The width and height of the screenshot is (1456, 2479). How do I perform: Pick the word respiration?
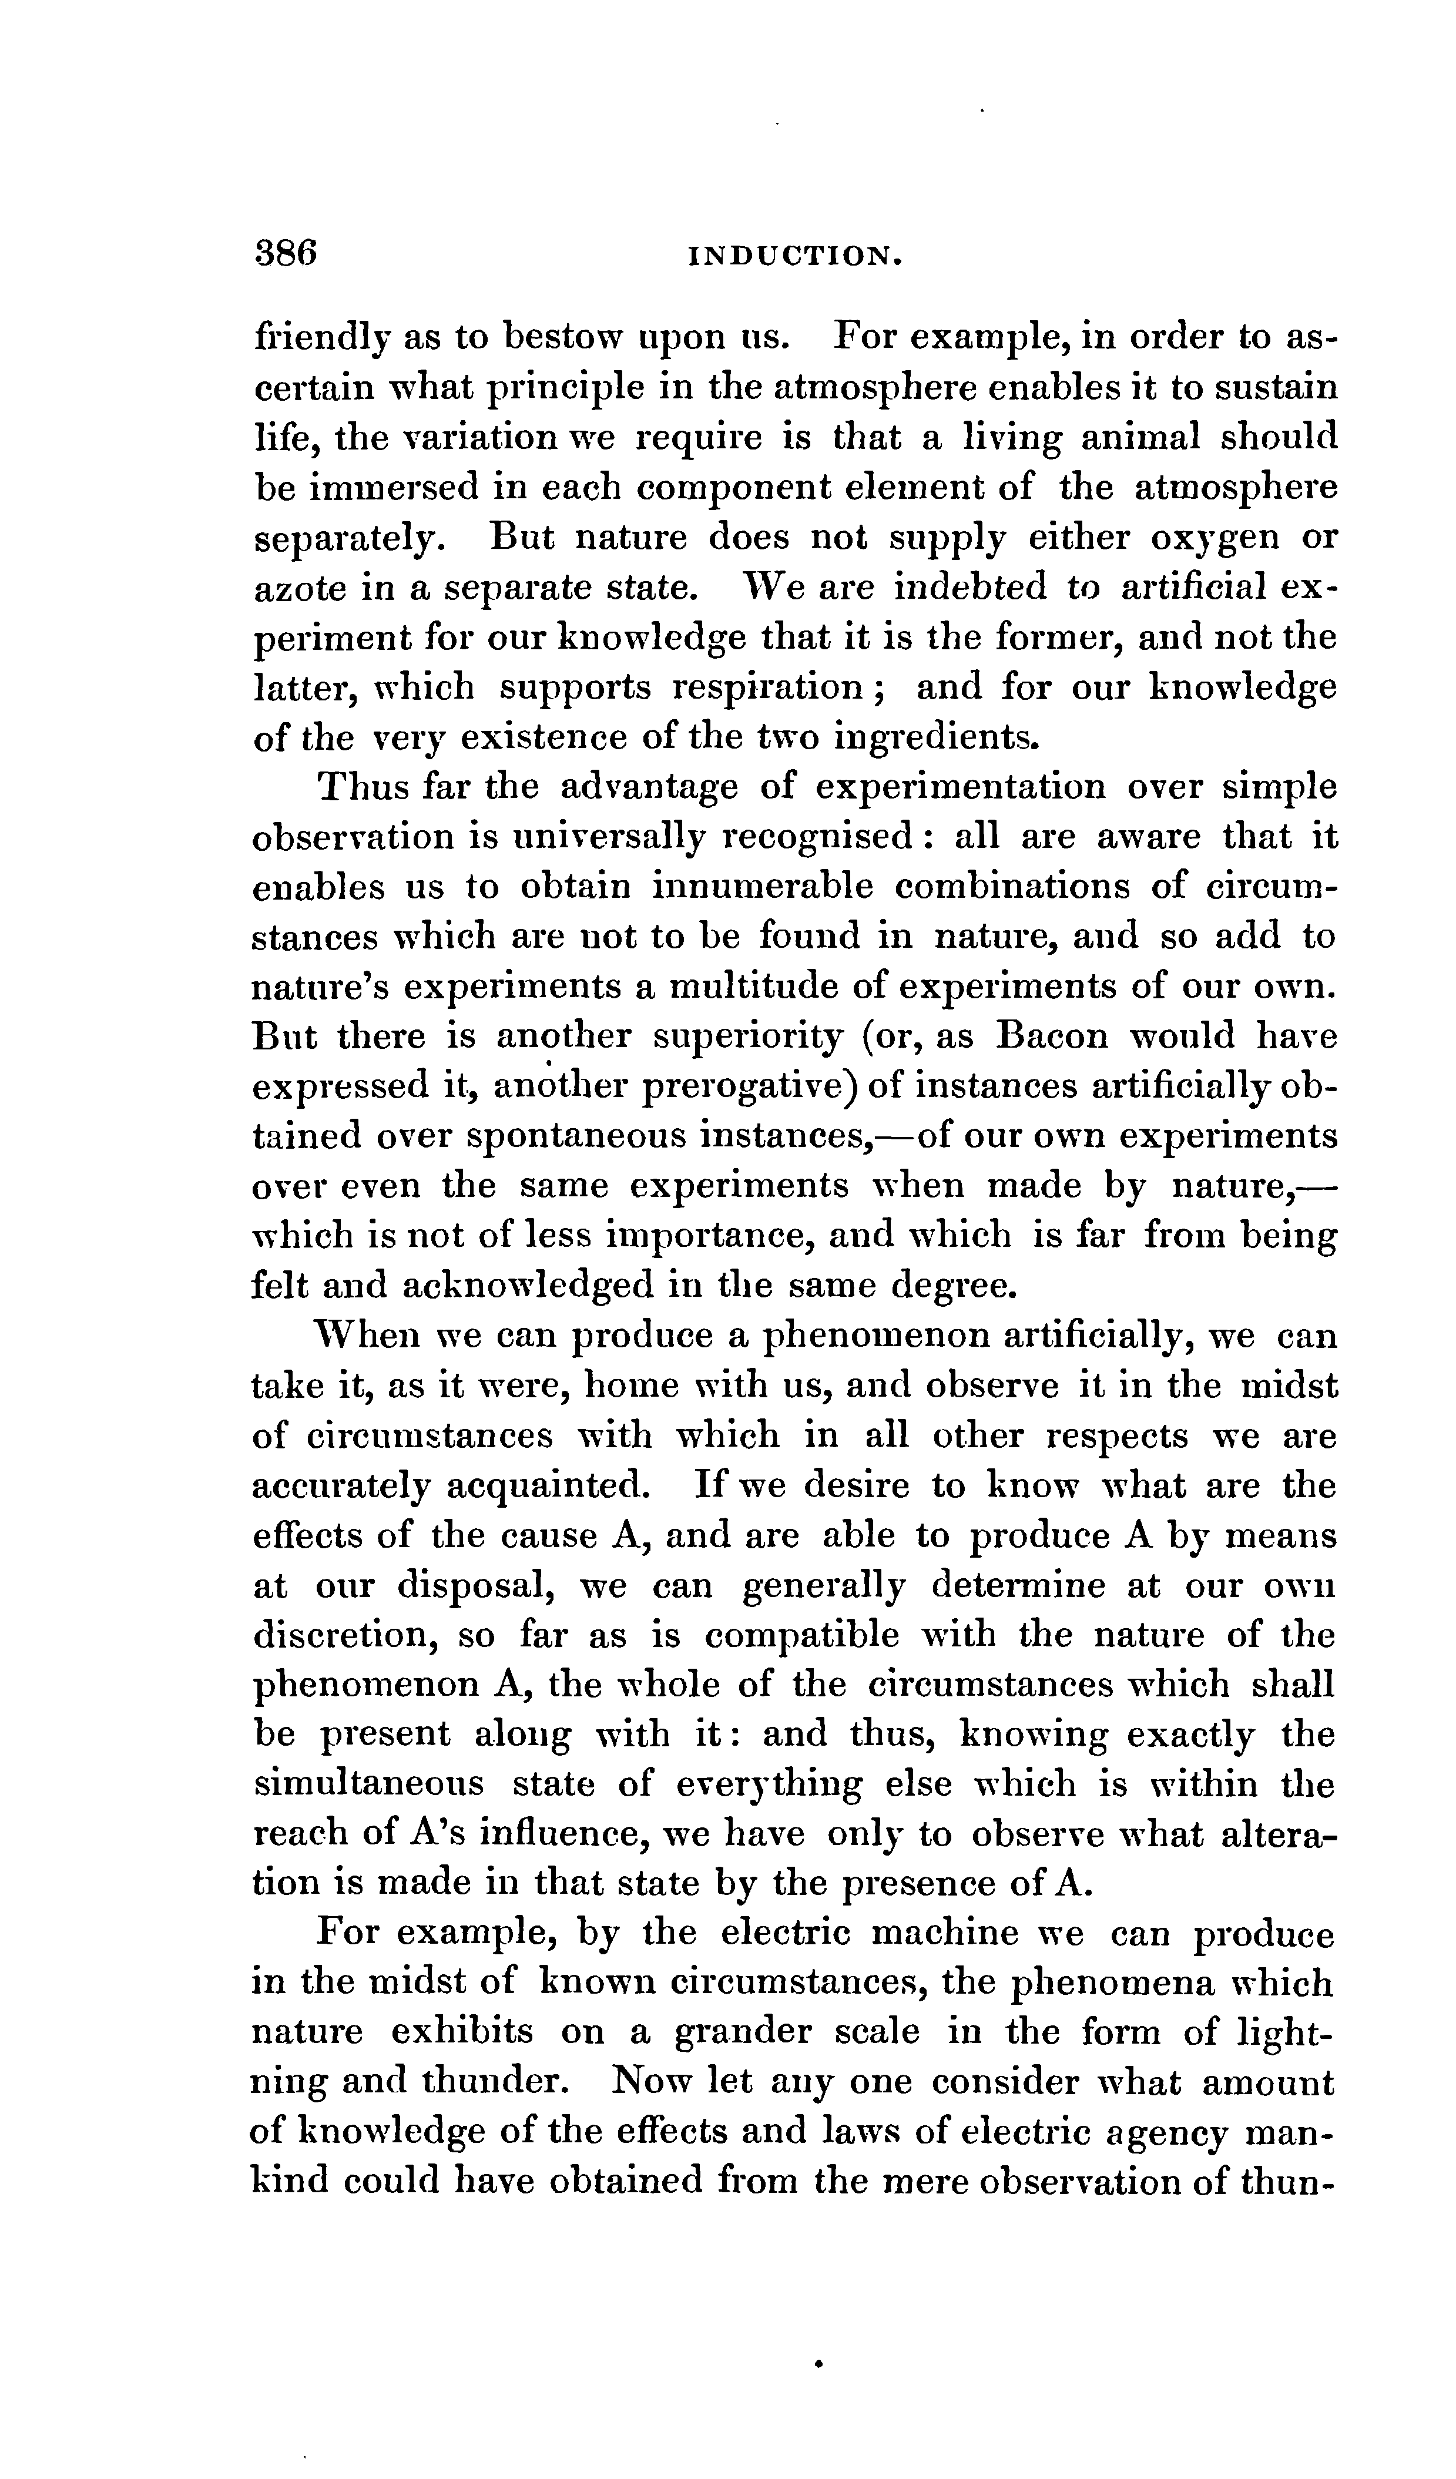767,687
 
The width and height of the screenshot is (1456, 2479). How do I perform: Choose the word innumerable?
763,886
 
